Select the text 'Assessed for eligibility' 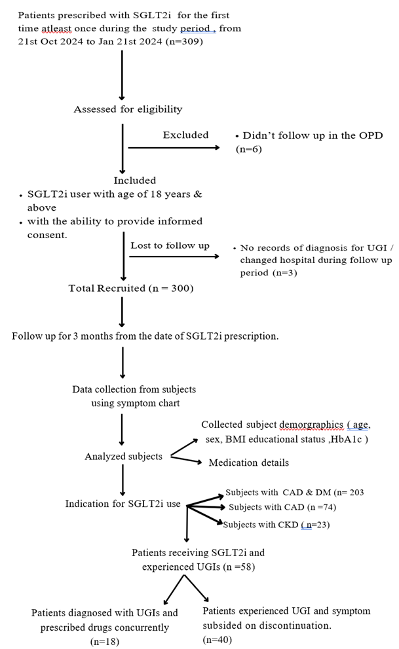click(128, 109)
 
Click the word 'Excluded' click(185, 135)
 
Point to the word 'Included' click(135, 180)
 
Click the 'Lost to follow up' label click(170, 245)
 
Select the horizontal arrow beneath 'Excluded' click(174, 147)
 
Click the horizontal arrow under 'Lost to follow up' click(174, 256)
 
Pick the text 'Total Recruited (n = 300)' click(131, 288)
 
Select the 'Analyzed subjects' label click(123, 456)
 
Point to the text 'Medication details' click(248, 463)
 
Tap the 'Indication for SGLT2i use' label click(123, 504)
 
